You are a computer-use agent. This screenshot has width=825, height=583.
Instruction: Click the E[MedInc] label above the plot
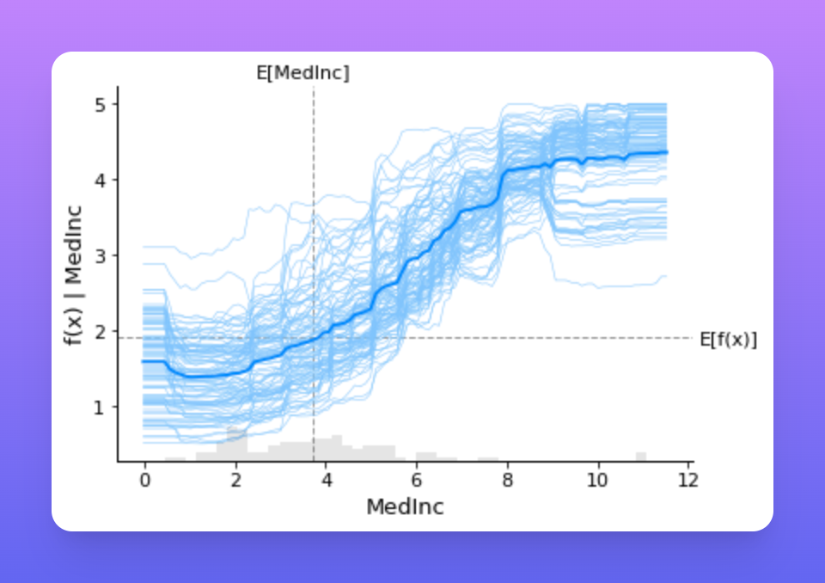point(302,73)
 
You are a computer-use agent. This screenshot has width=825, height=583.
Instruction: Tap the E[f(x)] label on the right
point(728,340)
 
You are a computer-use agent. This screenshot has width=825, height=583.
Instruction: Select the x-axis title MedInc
point(405,507)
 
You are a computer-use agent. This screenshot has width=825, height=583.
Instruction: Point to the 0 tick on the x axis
point(144,481)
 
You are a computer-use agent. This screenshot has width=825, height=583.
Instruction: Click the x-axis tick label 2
point(235,481)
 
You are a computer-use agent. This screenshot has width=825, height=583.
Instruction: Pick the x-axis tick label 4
point(327,481)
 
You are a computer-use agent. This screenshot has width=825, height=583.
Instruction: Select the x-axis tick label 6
point(417,481)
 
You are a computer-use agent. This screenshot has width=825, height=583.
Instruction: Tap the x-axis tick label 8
point(507,481)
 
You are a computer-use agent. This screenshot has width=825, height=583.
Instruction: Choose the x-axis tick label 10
point(597,481)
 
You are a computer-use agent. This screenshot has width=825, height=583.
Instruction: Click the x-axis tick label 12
point(688,481)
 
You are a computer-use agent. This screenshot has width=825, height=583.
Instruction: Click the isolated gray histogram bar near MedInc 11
point(641,457)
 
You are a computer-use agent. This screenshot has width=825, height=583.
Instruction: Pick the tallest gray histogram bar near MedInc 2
point(237,444)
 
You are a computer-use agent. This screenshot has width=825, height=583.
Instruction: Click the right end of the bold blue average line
point(667,152)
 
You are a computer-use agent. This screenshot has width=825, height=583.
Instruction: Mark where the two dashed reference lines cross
point(315,338)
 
